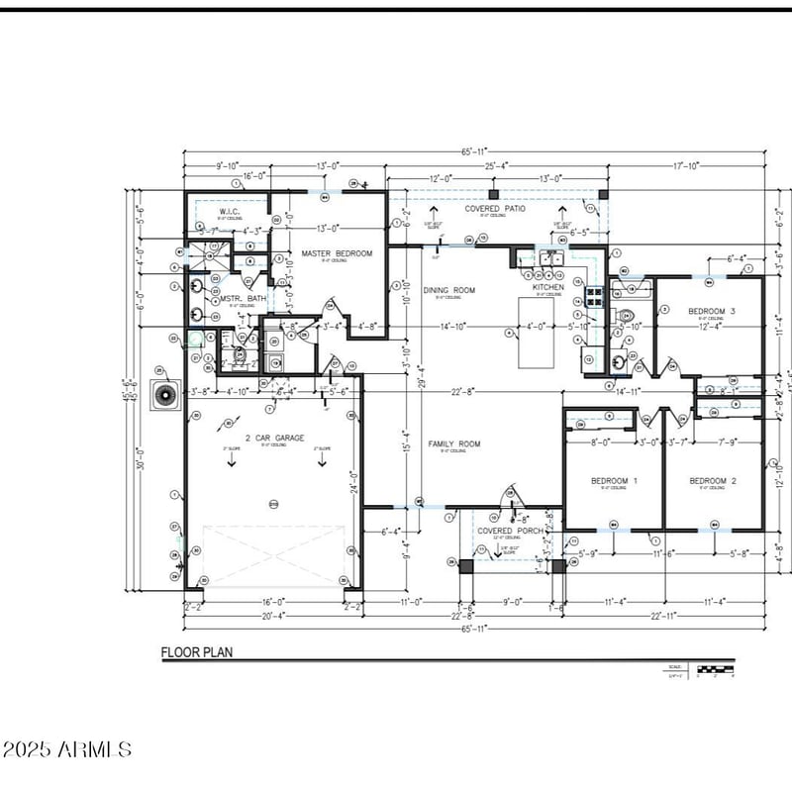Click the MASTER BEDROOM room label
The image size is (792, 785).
pyautogui.click(x=337, y=254)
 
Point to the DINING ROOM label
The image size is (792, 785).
pyautogui.click(x=449, y=290)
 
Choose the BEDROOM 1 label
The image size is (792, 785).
pyautogui.click(x=614, y=481)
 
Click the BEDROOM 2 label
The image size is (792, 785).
pyautogui.click(x=713, y=481)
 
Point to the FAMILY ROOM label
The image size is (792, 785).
pyautogui.click(x=453, y=444)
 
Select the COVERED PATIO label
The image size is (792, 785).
pyautogui.click(x=495, y=209)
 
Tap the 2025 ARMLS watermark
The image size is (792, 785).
pyautogui.click(x=66, y=749)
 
